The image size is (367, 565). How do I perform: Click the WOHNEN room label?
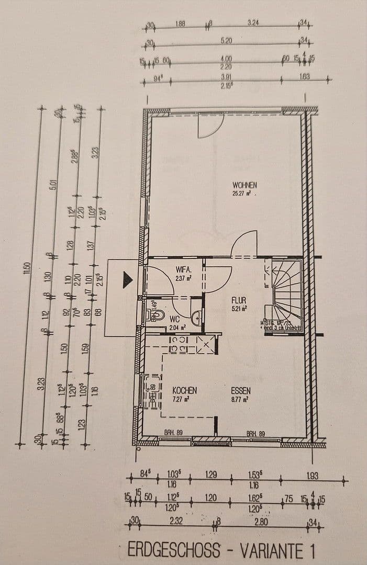pos(245,185)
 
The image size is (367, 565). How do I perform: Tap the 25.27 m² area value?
pos(243,193)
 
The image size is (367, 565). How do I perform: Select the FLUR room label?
pos(239,301)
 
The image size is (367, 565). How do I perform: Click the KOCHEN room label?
pos(184,390)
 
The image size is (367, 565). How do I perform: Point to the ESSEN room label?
pos(241,390)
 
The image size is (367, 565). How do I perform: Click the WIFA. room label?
pos(184,270)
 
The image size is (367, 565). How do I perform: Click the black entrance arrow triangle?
pos(128,280)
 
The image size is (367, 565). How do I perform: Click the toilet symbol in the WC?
pos(155,315)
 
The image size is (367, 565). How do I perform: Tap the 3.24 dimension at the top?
pos(253,22)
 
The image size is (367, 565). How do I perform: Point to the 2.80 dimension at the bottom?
pos(260,521)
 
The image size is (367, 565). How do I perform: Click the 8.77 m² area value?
pos(239,399)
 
